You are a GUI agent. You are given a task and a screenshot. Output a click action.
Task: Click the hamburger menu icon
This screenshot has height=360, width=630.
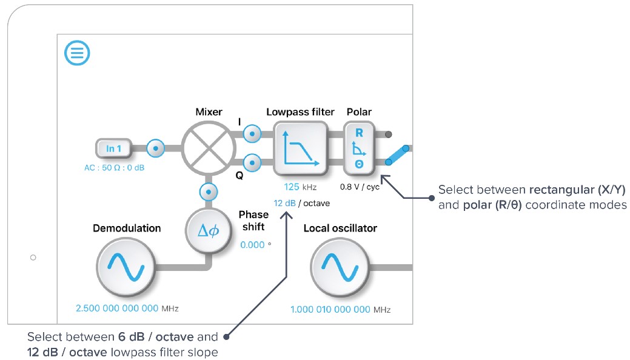[77, 53]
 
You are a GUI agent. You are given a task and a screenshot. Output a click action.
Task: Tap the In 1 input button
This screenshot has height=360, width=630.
[113, 148]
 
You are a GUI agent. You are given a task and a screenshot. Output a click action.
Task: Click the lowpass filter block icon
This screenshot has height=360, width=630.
[300, 148]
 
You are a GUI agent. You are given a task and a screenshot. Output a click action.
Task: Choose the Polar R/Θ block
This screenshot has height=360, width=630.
[359, 148]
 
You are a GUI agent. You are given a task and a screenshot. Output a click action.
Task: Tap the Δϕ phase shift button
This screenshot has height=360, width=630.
[209, 230]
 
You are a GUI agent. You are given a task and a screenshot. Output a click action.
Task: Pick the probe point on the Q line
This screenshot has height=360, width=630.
[252, 162]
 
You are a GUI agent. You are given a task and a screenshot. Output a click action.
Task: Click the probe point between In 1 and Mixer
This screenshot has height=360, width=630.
[156, 147]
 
